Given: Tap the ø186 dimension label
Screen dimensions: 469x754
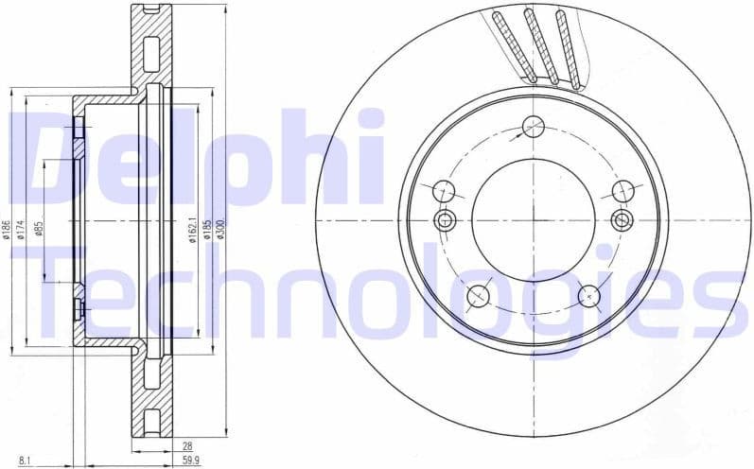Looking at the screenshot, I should coord(7,229).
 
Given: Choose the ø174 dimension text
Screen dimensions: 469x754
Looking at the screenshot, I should coord(20,229).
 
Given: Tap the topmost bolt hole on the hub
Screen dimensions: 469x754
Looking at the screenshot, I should coord(534,127).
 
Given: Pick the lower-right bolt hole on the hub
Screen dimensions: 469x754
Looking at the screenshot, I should coord(588,295).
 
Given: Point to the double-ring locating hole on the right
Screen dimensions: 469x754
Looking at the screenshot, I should coord(622,220).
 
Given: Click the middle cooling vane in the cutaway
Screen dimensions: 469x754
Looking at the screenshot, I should coord(540,45).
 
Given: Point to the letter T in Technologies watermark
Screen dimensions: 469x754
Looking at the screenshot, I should coord(71,293).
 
